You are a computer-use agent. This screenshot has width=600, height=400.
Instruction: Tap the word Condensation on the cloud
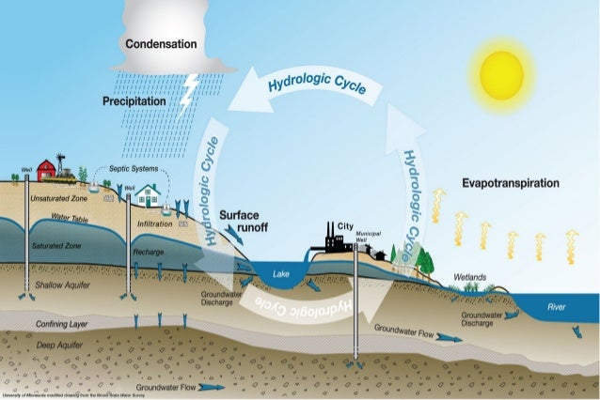tap(161, 44)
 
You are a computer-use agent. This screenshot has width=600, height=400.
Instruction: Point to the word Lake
tap(281, 273)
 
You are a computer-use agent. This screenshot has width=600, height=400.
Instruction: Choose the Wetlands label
tap(469, 278)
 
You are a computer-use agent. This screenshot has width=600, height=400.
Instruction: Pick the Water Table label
tap(70, 219)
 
